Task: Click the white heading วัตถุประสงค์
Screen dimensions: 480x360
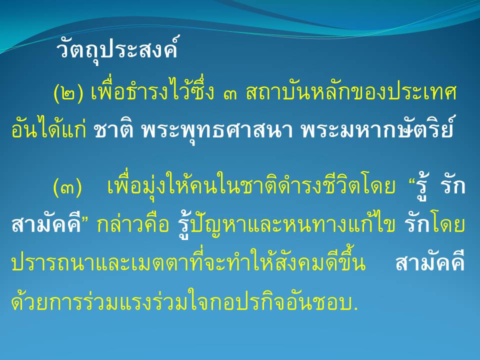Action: pyautogui.click(x=117, y=49)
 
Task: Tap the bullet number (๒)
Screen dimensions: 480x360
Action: pyautogui.click(x=68, y=93)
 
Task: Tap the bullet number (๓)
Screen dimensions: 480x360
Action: pyautogui.click(x=67, y=187)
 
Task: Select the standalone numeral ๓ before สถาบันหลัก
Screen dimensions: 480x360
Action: pyautogui.click(x=230, y=95)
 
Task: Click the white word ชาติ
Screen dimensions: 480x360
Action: pyautogui.click(x=113, y=130)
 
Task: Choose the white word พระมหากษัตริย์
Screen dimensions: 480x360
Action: pyautogui.click(x=377, y=128)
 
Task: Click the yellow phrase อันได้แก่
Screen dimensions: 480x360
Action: pyautogui.click(x=48, y=128)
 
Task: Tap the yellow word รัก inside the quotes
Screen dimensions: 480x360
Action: pyautogui.click(x=452, y=186)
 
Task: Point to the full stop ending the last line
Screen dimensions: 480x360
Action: pyautogui.click(x=355, y=308)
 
